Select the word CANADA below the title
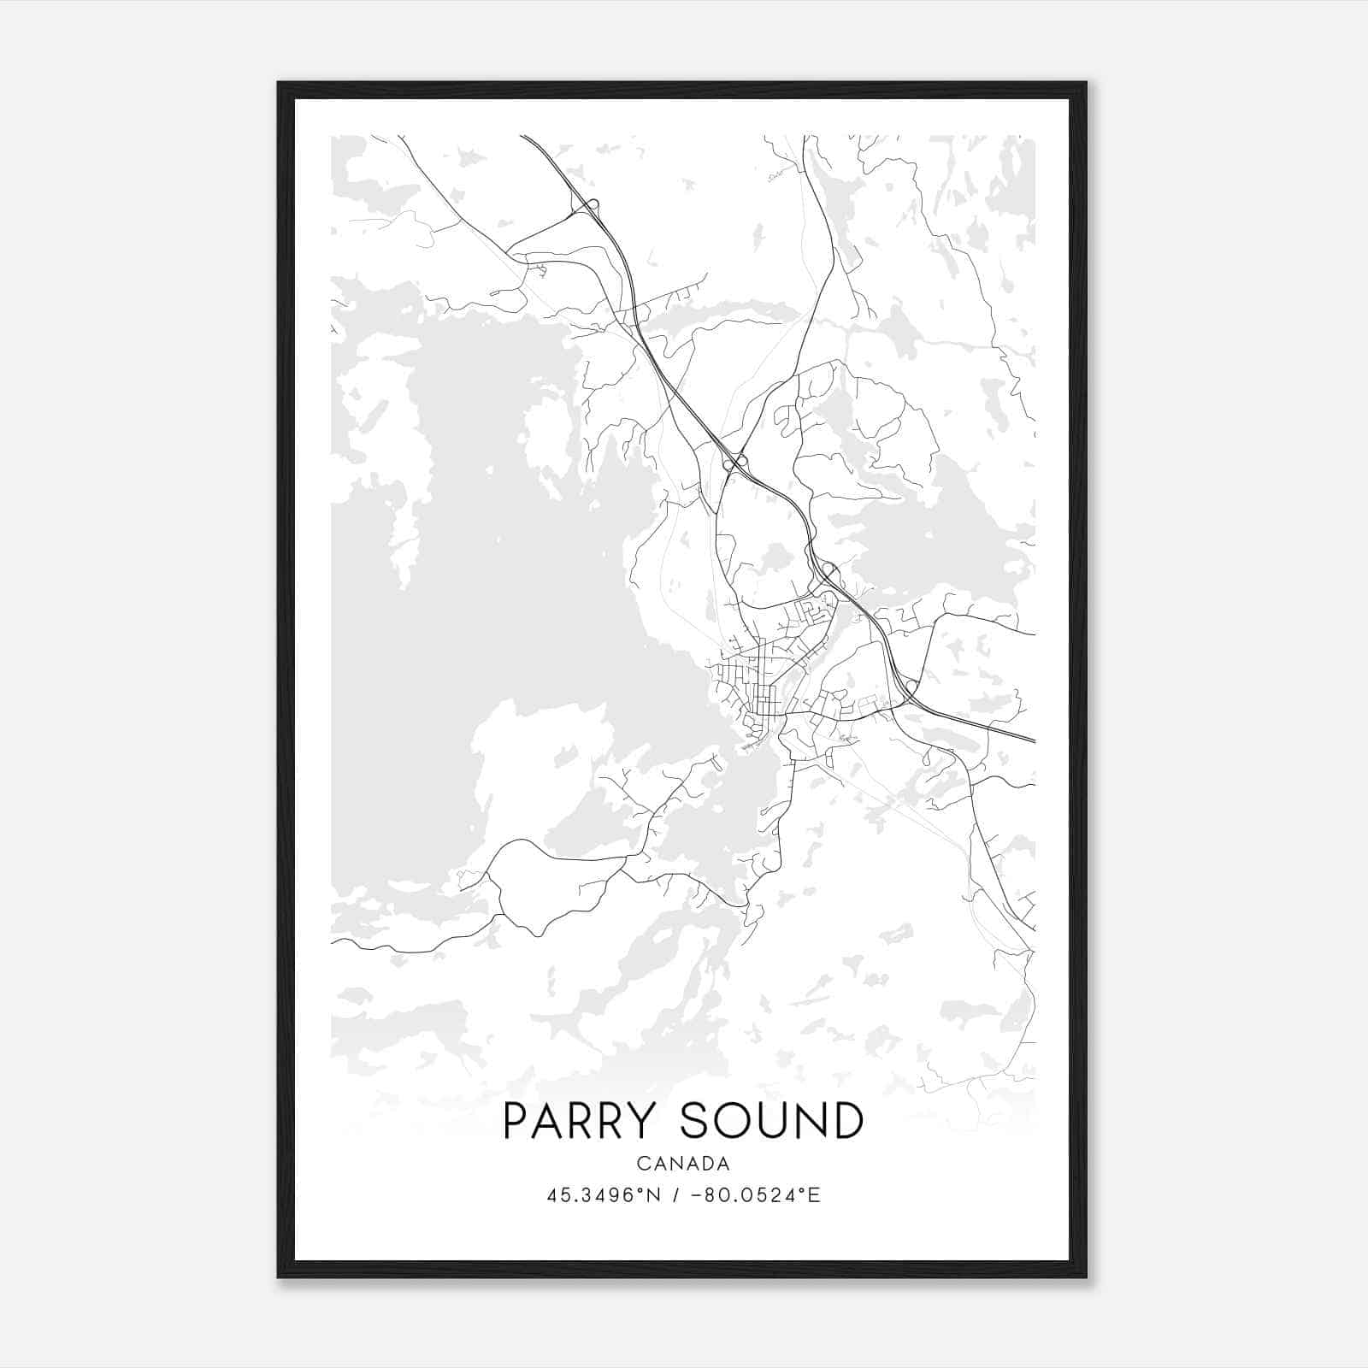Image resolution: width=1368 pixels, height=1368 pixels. coord(683,1164)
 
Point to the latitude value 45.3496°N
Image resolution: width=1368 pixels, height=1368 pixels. coord(603,1195)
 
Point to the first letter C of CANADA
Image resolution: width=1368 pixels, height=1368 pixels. coord(642,1164)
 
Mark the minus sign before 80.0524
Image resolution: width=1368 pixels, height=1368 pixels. coord(696,1195)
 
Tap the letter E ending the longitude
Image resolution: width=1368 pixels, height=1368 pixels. coord(815,1195)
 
